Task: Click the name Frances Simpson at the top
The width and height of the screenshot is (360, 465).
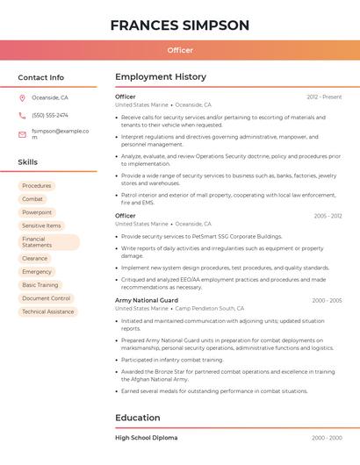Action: [x=180, y=25]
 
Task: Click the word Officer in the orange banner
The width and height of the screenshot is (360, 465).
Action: [x=180, y=50]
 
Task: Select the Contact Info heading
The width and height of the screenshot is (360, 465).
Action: [x=41, y=77]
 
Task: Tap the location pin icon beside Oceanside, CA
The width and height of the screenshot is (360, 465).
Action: [x=22, y=98]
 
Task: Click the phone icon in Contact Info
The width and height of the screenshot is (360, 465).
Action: [x=22, y=116]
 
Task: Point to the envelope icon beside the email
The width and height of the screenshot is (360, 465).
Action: [x=22, y=134]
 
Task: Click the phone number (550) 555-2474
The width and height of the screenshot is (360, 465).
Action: [x=50, y=116]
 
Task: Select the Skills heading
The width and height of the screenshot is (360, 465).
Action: [x=28, y=162]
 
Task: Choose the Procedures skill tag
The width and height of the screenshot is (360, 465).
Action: [x=37, y=186]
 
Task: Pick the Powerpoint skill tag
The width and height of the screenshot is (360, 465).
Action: [x=37, y=212]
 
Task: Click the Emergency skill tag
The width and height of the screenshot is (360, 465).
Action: [x=37, y=272]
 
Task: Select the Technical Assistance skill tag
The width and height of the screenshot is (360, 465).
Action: [x=48, y=311]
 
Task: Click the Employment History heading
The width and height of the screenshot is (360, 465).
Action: [x=161, y=77]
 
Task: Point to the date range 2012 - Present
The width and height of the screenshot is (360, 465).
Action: [x=324, y=97]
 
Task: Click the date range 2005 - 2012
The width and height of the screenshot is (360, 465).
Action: [x=327, y=216]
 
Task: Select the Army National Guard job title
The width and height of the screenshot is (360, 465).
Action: [x=147, y=300]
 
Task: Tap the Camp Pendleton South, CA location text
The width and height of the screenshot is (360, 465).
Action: [x=210, y=309]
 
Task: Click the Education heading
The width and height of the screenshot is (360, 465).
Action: [x=138, y=418]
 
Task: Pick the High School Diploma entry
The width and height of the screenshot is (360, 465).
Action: [x=146, y=437]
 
